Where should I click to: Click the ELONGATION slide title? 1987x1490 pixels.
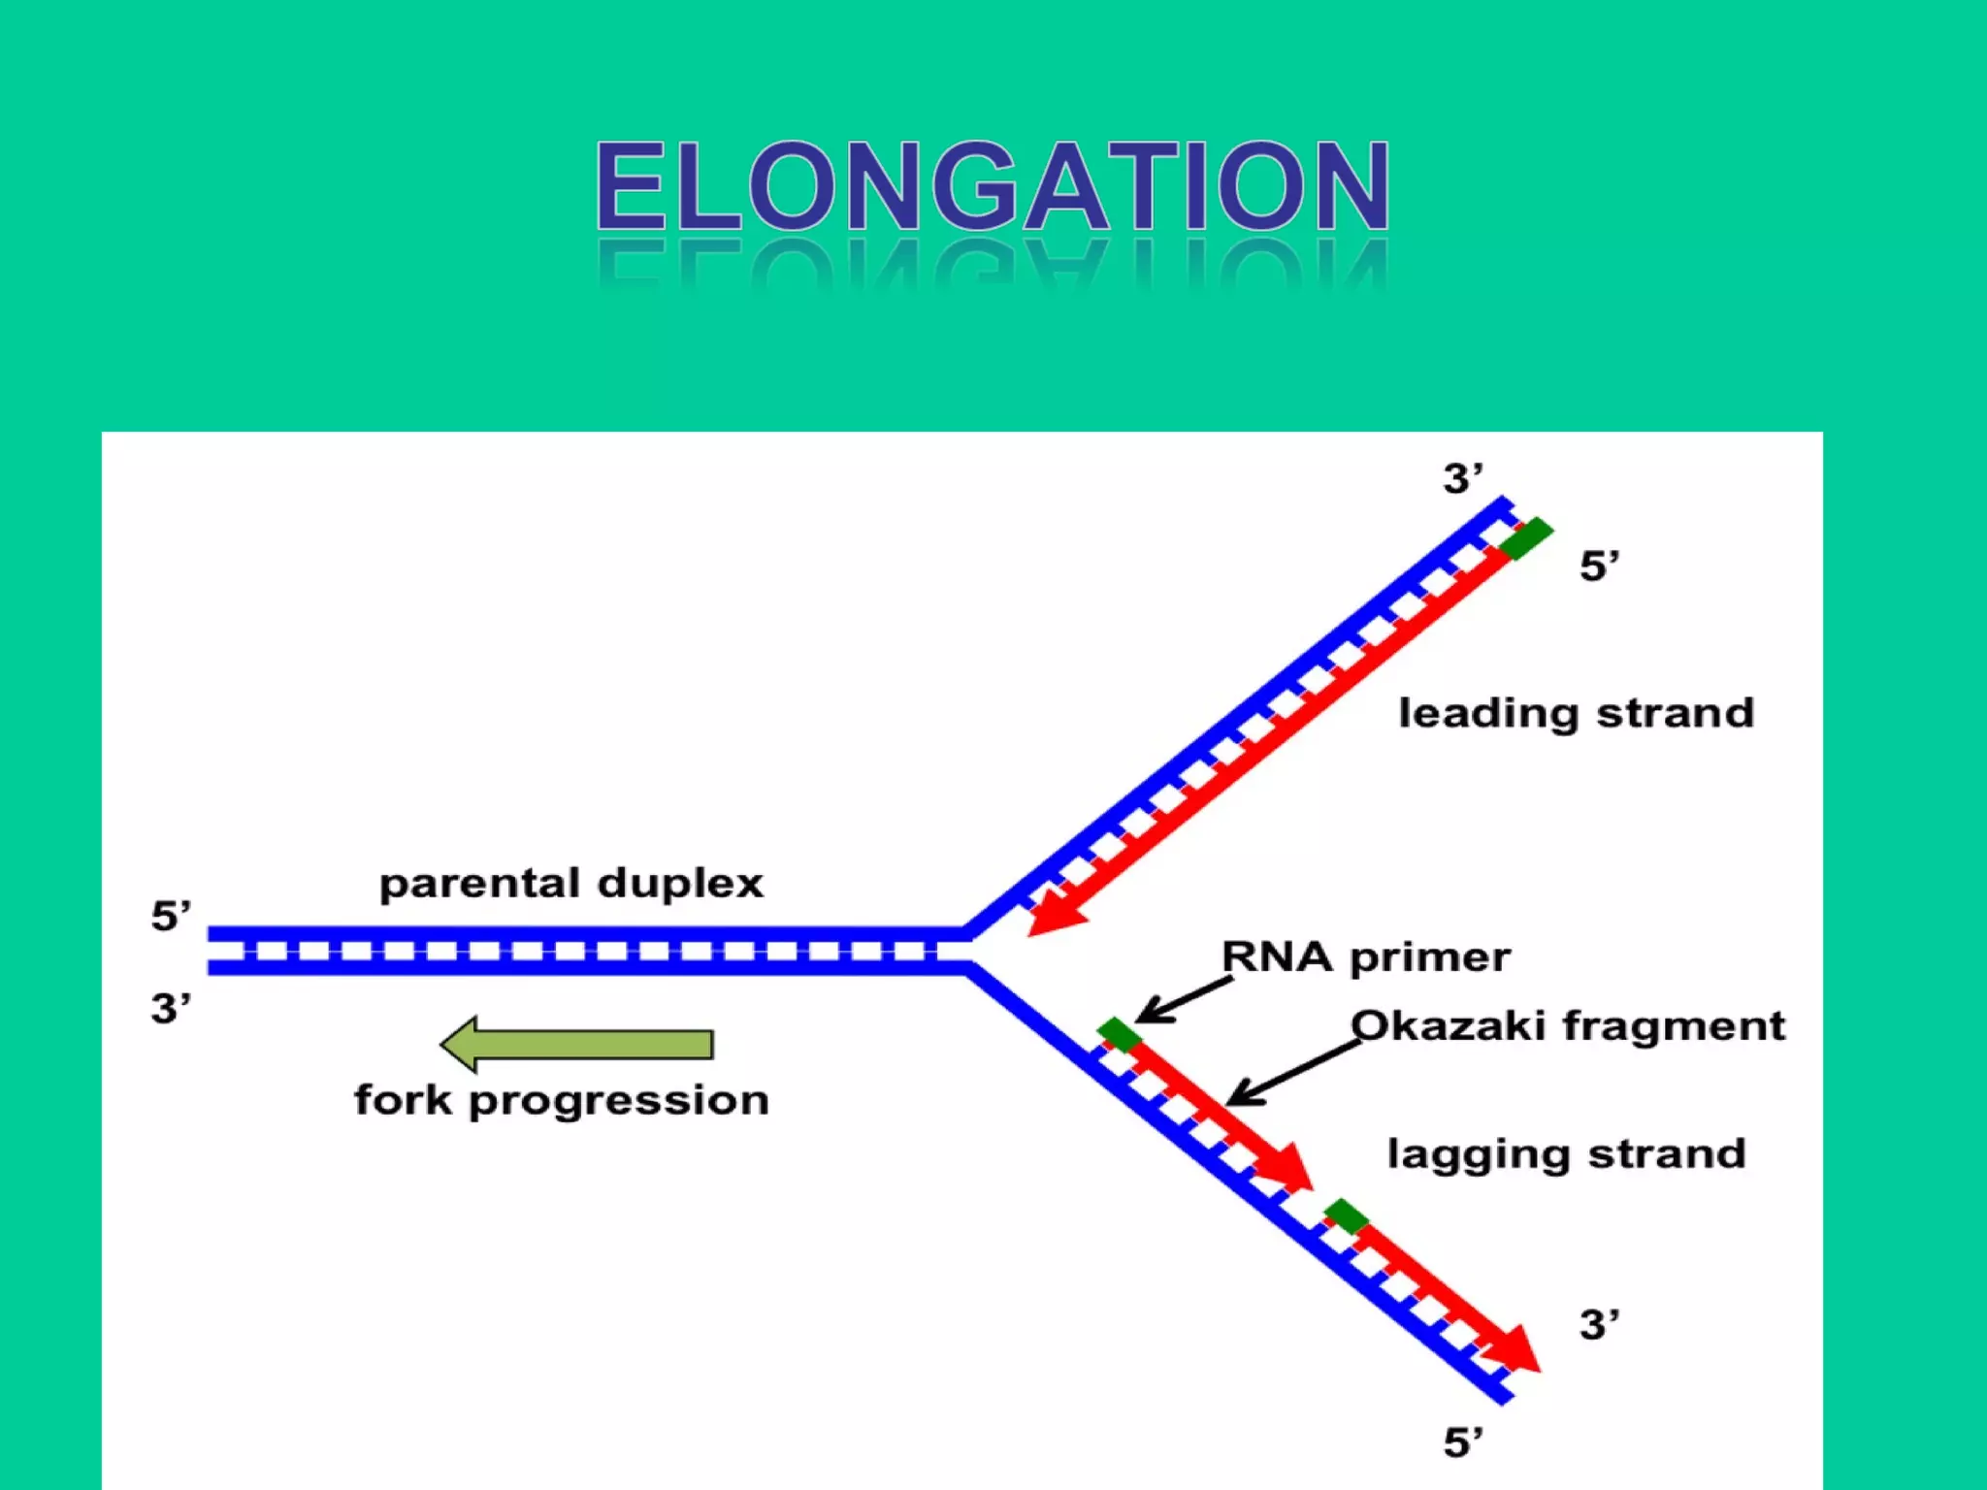tap(993, 186)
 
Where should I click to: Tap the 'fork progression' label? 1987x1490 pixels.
tap(561, 1101)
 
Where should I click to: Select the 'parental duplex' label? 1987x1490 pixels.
tap(570, 884)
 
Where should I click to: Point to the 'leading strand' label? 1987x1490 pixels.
tap(1576, 713)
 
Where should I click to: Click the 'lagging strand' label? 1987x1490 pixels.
tap(1566, 1154)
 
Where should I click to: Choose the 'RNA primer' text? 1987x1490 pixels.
tap(1365, 957)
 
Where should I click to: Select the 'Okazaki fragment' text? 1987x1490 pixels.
tap(1567, 1025)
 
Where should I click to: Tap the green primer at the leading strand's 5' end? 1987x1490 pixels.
tap(1526, 538)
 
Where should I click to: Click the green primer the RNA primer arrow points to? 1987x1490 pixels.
tap(1120, 1035)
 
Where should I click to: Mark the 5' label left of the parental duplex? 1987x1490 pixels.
tap(171, 916)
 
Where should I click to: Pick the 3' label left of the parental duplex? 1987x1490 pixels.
tap(171, 1009)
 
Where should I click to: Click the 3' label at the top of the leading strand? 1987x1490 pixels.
tap(1462, 479)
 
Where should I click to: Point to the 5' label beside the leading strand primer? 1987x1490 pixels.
tap(1599, 566)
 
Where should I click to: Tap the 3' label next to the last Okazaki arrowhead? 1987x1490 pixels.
tap(1599, 1325)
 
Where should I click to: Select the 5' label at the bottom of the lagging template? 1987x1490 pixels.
tap(1462, 1442)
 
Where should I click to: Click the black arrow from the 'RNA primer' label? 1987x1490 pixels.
tap(1184, 999)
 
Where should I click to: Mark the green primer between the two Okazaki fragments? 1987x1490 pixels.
tap(1347, 1215)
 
